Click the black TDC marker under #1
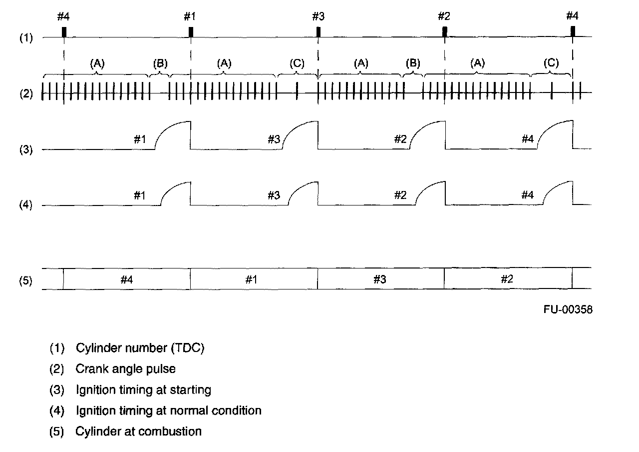pos(191,31)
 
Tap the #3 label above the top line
pos(318,16)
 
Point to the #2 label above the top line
pos(444,16)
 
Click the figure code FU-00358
pos(568,309)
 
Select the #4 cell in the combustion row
pos(127,279)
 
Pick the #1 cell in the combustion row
pos(254,279)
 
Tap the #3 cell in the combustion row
pos(380,279)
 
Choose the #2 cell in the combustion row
pos(507,279)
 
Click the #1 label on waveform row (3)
pos(140,139)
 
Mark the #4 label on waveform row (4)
pos(528,195)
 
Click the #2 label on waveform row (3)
pos(400,139)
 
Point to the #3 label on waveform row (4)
pos(274,195)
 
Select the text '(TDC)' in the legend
pos(189,348)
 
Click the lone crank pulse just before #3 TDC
pos(297,92)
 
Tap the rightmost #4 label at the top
pos(572,16)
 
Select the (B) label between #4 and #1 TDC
pos(160,63)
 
